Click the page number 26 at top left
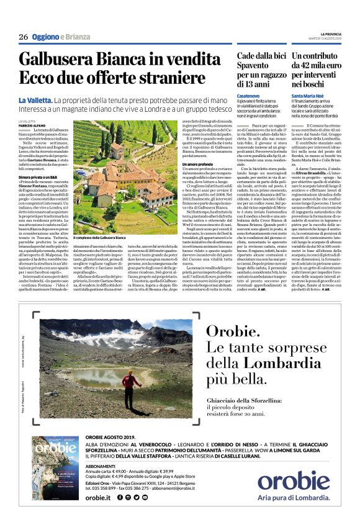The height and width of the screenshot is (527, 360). click(x=24, y=37)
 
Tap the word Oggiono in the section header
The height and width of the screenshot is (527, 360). click(x=47, y=37)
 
